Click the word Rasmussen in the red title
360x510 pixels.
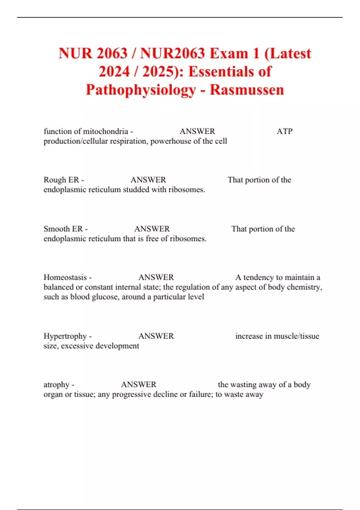click(x=247, y=90)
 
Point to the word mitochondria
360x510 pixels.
click(x=106, y=131)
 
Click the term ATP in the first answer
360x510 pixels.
click(x=284, y=131)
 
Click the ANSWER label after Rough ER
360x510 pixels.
click(x=148, y=180)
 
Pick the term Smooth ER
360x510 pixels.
click(x=63, y=229)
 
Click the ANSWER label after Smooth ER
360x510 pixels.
click(x=152, y=229)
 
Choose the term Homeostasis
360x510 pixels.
click(x=65, y=277)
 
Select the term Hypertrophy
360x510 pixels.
click(x=65, y=336)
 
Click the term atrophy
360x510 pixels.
click(x=56, y=385)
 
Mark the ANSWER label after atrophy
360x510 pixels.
click(x=139, y=385)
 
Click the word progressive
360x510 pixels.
click(x=131, y=394)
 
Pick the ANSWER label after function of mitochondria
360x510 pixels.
click(x=197, y=131)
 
